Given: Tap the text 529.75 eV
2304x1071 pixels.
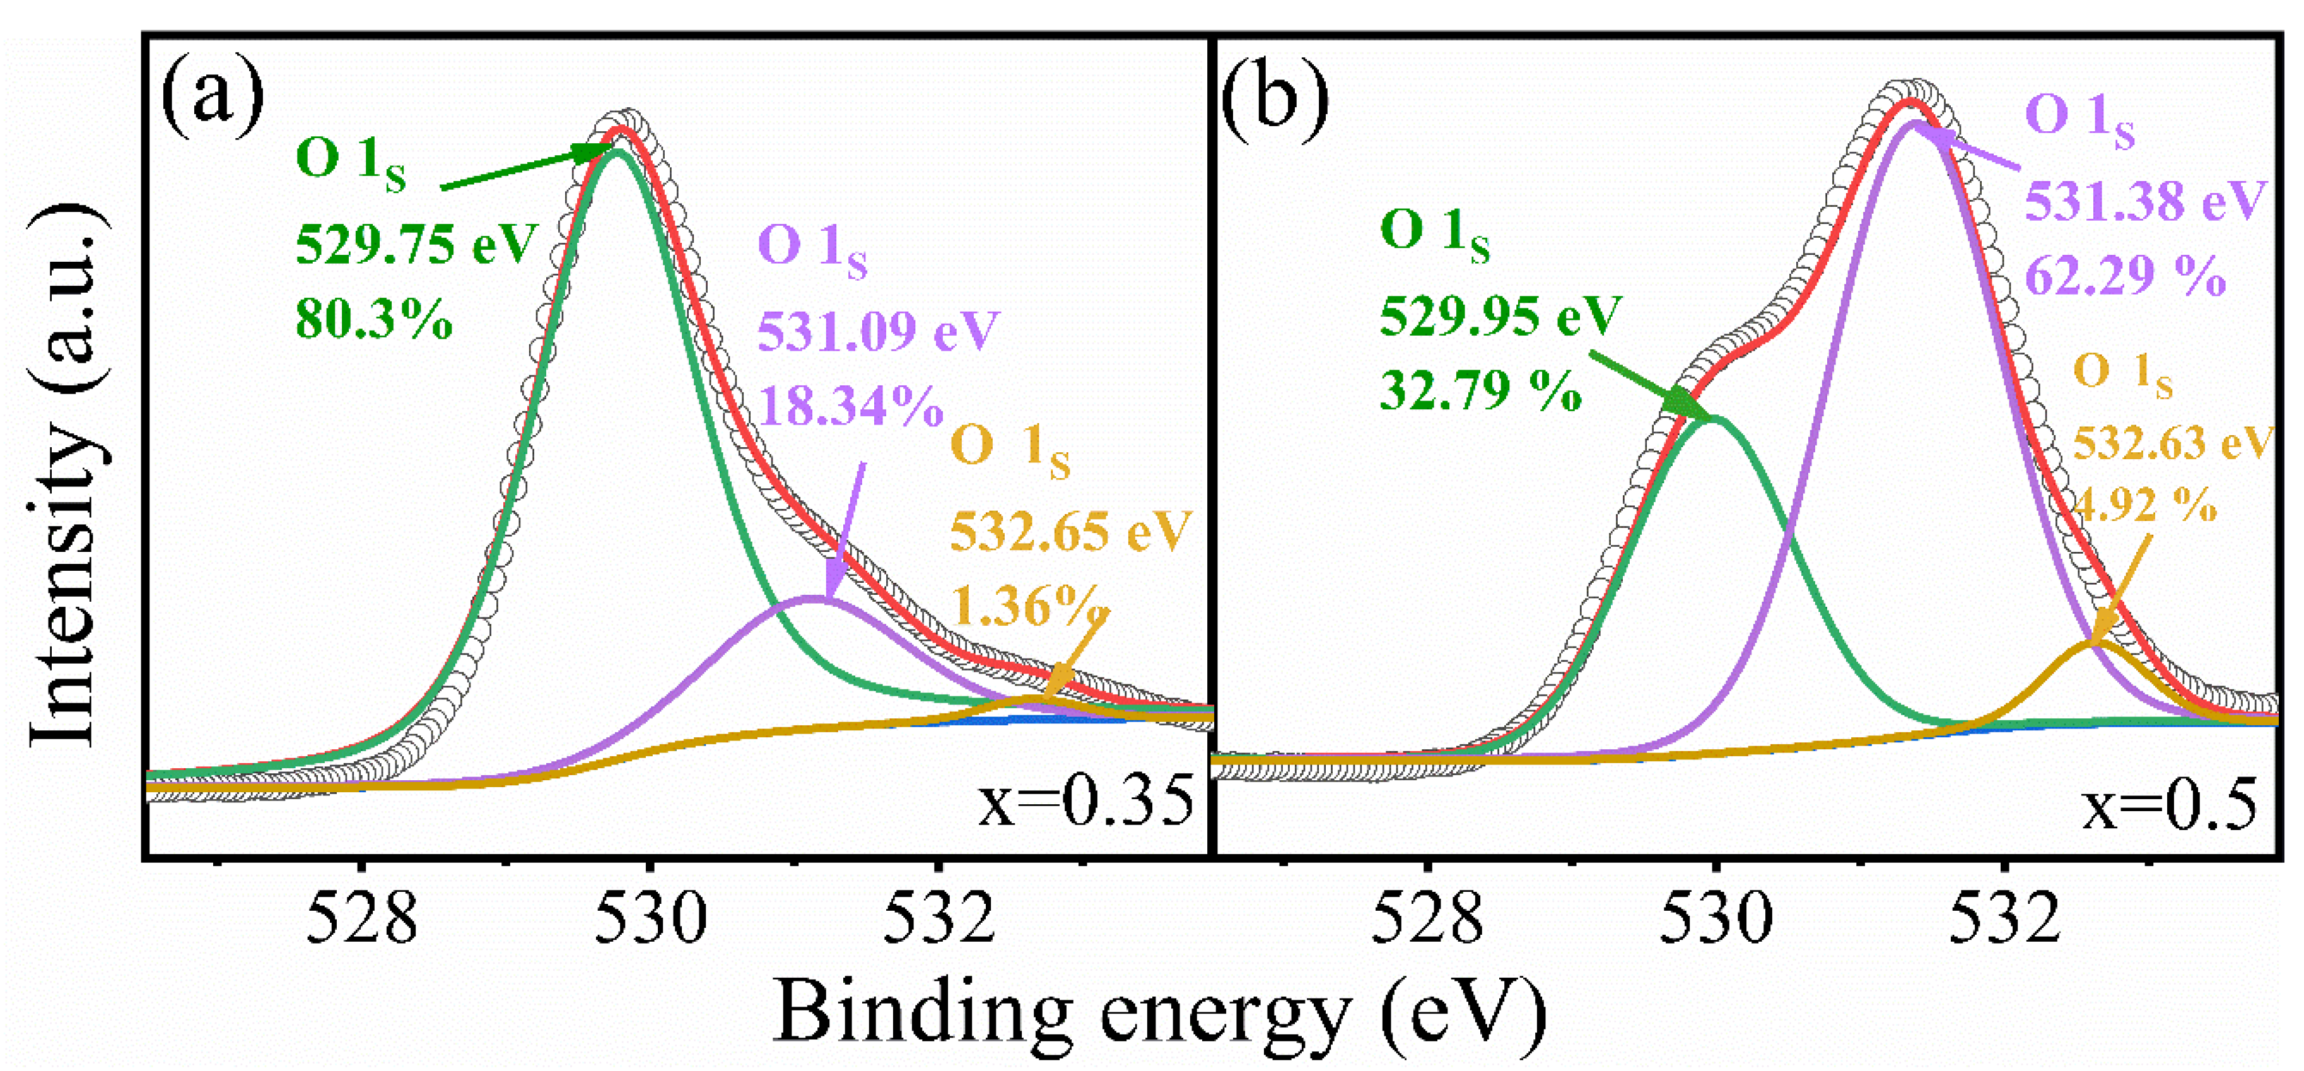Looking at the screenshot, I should [416, 243].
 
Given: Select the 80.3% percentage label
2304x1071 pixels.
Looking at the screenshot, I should [374, 319].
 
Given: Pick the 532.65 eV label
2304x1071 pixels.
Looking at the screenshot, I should [1070, 532].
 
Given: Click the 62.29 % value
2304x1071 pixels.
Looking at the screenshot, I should [2125, 276].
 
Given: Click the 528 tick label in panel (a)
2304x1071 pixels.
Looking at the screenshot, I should [361, 919].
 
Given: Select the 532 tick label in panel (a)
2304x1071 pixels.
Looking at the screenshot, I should [939, 919].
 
